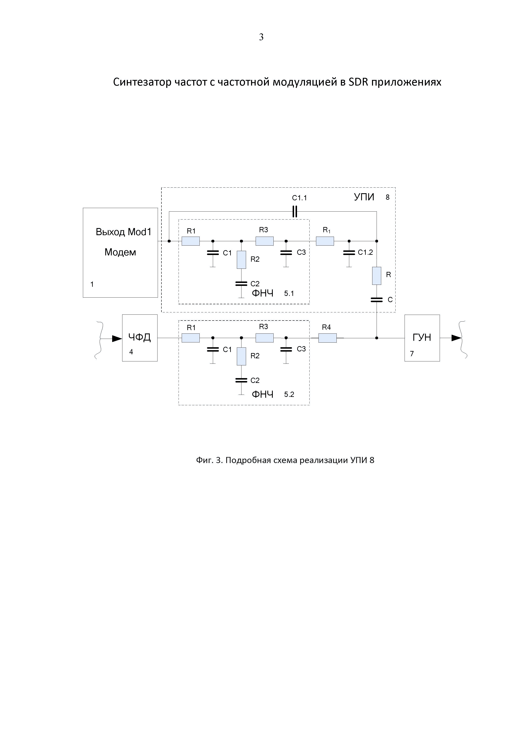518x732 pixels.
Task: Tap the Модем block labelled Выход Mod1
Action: click(120, 252)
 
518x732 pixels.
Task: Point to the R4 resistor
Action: click(328, 338)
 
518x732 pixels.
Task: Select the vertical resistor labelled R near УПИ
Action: click(377, 276)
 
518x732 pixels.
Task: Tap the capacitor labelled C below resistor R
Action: click(377, 300)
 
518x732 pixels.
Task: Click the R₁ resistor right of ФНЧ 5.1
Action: click(325, 241)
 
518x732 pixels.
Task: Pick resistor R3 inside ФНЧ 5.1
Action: click(265, 241)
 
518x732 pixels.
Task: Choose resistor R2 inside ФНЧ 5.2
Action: click(241, 356)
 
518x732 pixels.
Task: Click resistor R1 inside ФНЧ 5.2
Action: click(190, 338)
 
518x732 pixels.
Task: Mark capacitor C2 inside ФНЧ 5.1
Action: click(241, 283)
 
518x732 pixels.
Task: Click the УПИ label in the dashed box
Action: click(364, 197)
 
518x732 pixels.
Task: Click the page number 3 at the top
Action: click(261, 37)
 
